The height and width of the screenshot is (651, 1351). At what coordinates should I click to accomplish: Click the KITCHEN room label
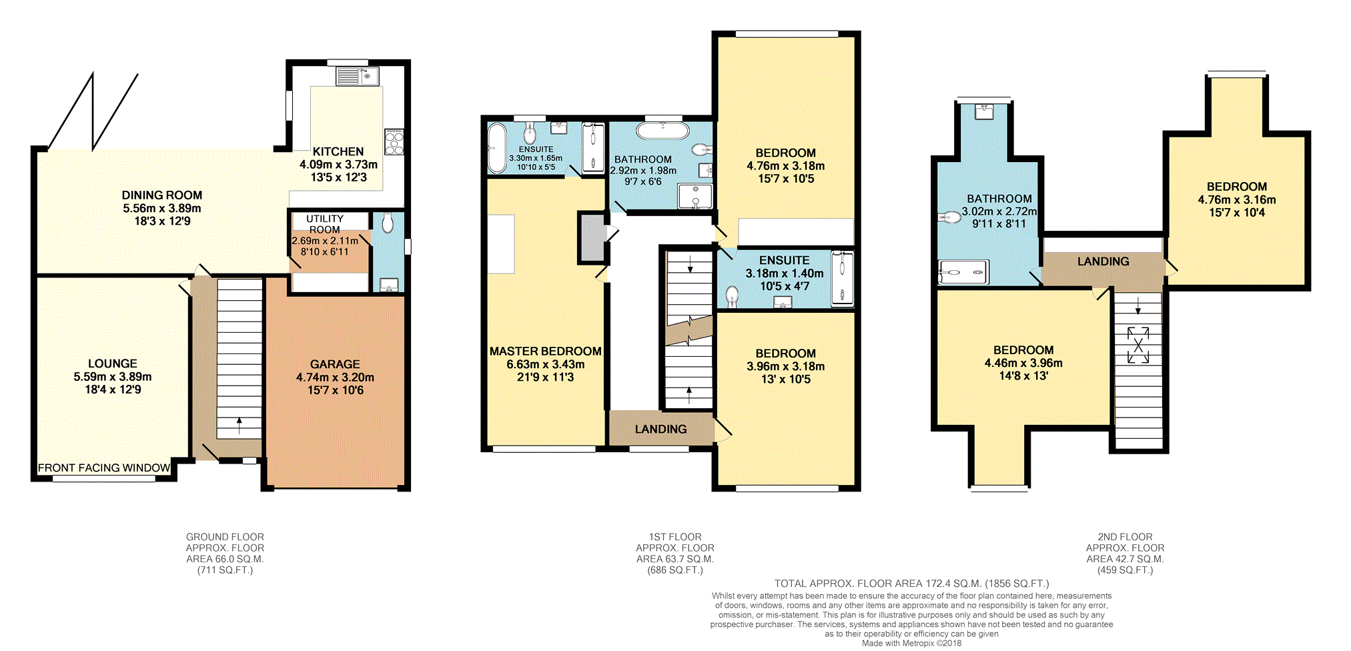(x=338, y=151)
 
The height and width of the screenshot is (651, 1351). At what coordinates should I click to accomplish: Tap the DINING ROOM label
(x=162, y=195)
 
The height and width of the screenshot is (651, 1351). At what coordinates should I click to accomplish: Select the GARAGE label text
(x=335, y=364)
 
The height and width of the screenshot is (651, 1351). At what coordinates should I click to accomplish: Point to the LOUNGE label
(x=113, y=364)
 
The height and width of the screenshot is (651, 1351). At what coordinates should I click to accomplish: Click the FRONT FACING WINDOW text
(x=104, y=468)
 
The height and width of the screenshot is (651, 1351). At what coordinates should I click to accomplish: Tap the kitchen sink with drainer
(x=358, y=76)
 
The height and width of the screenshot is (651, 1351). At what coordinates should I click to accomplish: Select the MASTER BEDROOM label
(x=546, y=351)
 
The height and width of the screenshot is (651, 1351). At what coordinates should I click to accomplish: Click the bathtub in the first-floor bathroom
(x=662, y=130)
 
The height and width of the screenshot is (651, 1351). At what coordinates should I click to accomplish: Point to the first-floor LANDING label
(x=660, y=429)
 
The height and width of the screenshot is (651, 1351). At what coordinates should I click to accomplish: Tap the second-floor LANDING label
(x=1103, y=261)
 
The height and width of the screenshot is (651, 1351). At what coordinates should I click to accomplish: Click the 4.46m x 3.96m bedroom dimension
(x=1023, y=363)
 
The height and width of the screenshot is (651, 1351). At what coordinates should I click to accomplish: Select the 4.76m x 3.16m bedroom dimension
(x=1237, y=199)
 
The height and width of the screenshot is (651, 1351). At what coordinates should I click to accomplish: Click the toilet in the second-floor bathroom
(x=949, y=217)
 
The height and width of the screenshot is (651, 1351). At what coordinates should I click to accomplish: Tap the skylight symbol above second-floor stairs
(x=1138, y=345)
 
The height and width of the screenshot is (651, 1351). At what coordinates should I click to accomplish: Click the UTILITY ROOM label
(x=325, y=224)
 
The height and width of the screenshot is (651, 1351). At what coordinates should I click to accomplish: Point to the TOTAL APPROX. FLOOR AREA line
(x=911, y=584)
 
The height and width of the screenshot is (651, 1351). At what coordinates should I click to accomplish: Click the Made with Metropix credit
(x=911, y=643)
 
